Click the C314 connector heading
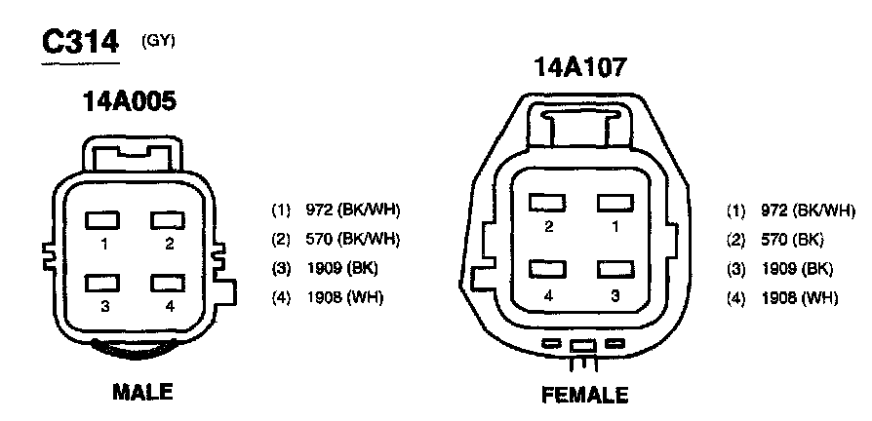pos(80,42)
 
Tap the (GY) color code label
pos(158,42)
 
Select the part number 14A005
pos(129,101)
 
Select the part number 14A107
pos(580,66)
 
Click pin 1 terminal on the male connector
pos(102,220)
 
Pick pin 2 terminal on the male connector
pos(168,220)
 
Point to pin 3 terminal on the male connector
pos(102,283)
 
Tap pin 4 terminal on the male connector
pos(168,283)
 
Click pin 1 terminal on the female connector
pos(615,203)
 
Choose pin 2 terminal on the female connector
pos(548,203)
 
